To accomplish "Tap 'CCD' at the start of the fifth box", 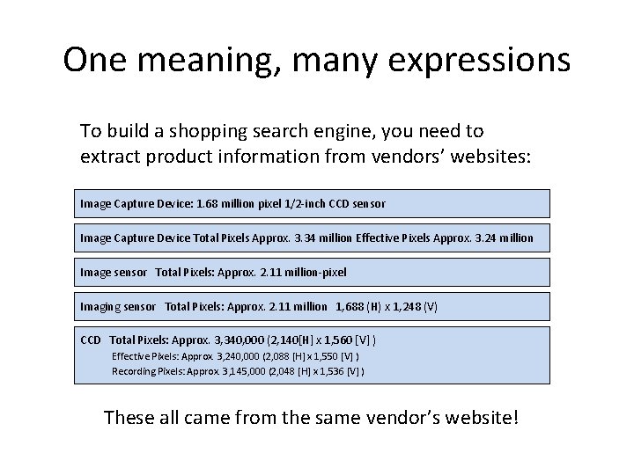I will (90, 340).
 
